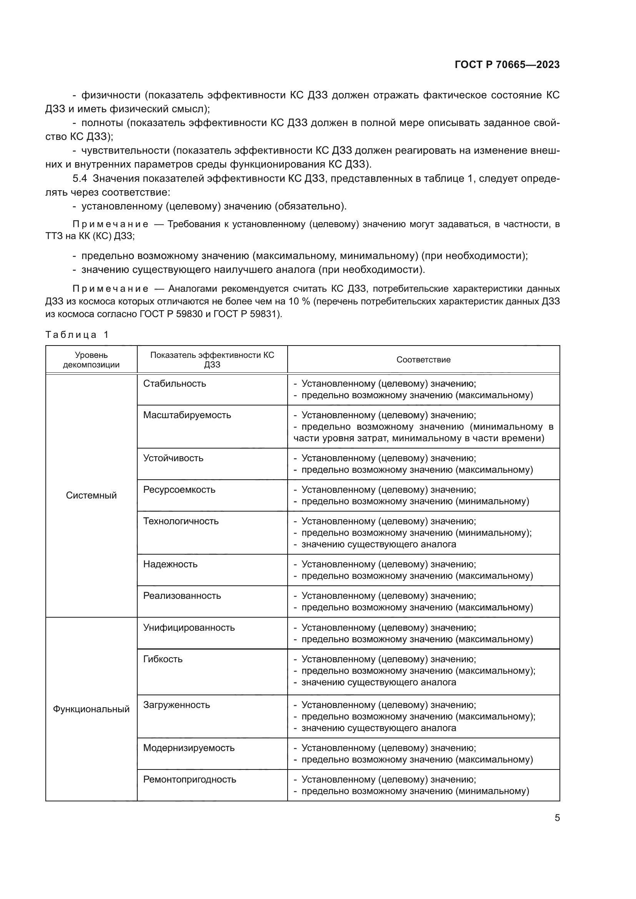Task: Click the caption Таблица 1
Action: click(77, 334)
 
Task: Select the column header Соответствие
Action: click(423, 359)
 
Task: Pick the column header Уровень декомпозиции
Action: click(91, 359)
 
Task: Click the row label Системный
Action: click(91, 495)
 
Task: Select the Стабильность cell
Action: click(175, 383)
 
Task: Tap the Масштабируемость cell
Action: click(187, 415)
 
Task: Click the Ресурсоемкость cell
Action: click(179, 489)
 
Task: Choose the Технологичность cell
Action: click(181, 521)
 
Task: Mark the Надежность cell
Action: click(170, 564)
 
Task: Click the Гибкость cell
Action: click(163, 659)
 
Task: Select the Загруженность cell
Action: click(176, 705)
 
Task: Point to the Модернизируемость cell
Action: click(189, 748)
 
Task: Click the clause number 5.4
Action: click(80, 179)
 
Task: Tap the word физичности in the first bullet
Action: click(111, 95)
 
